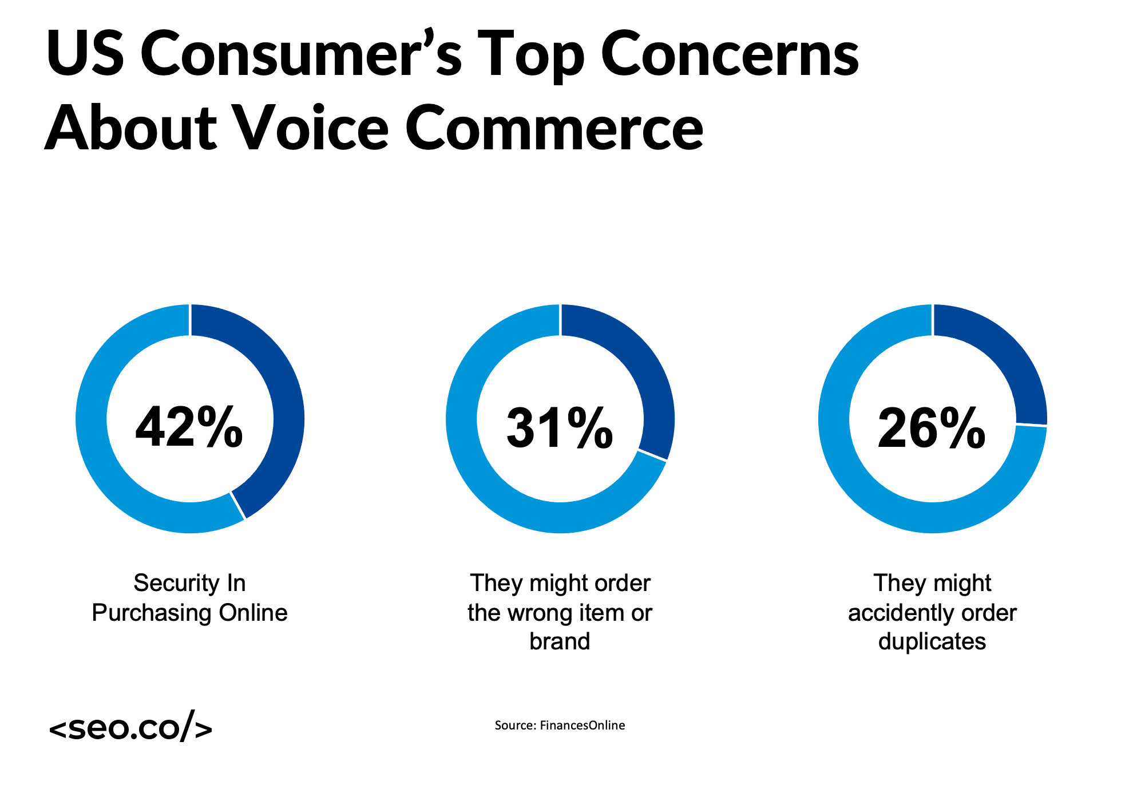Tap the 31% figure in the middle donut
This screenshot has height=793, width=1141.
click(560, 428)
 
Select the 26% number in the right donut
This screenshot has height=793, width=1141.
click(931, 428)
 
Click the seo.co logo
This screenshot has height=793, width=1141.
click(130, 727)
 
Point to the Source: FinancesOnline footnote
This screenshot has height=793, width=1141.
click(560, 725)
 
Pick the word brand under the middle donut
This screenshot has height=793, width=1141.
click(560, 641)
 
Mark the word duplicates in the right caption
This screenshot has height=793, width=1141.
click(932, 641)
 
